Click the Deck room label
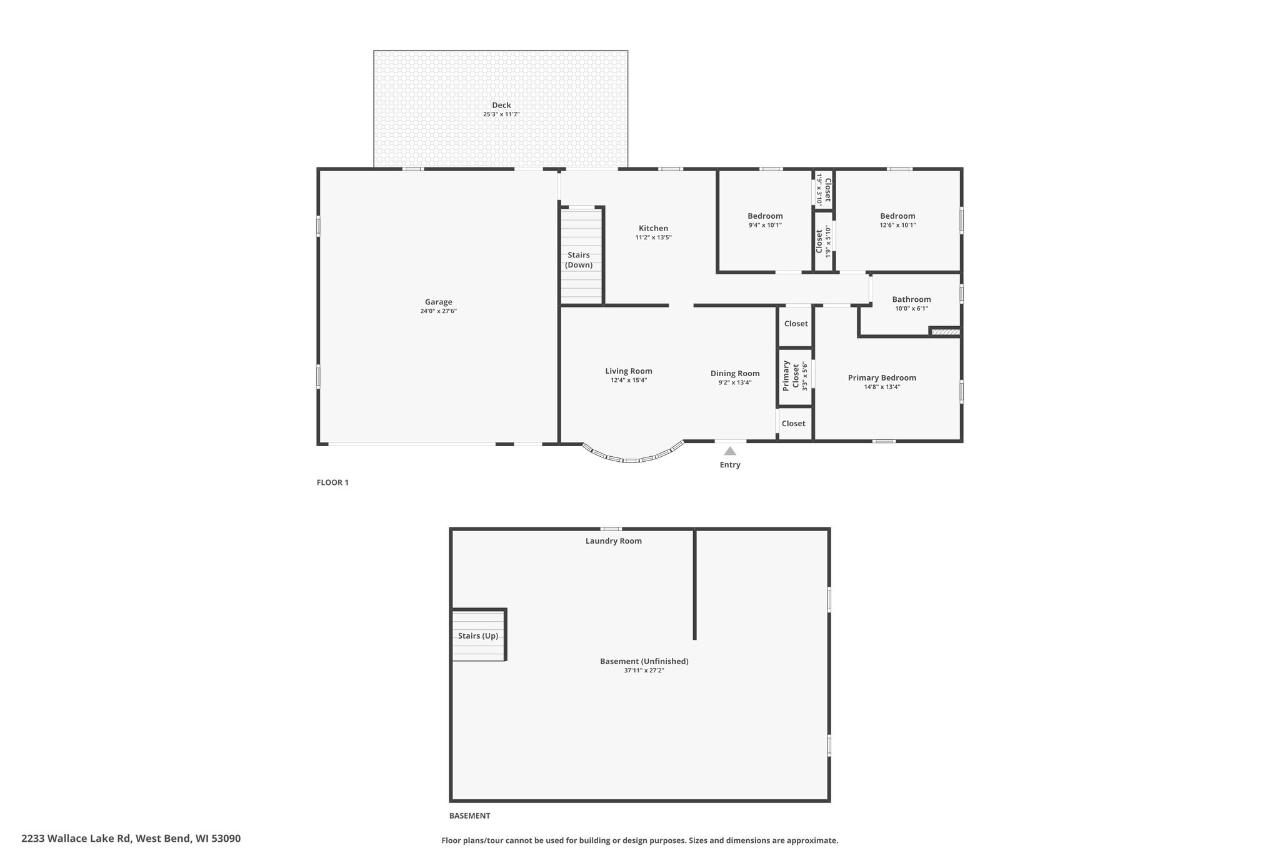point(501,105)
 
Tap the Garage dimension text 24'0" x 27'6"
point(439,311)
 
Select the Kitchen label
point(653,228)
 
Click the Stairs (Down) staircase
point(581,255)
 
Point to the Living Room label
point(629,371)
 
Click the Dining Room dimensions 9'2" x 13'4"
point(735,382)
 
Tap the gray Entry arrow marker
point(730,451)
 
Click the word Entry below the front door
point(730,465)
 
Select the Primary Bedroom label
point(882,377)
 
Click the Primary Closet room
point(795,377)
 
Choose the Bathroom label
point(911,299)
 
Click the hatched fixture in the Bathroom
point(945,332)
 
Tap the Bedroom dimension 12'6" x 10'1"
point(897,225)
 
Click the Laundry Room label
point(614,541)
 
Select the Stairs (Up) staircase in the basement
point(479,635)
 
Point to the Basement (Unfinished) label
point(644,661)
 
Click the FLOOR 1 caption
point(332,482)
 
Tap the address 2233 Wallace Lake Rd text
point(76,839)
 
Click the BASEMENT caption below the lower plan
point(470,816)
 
